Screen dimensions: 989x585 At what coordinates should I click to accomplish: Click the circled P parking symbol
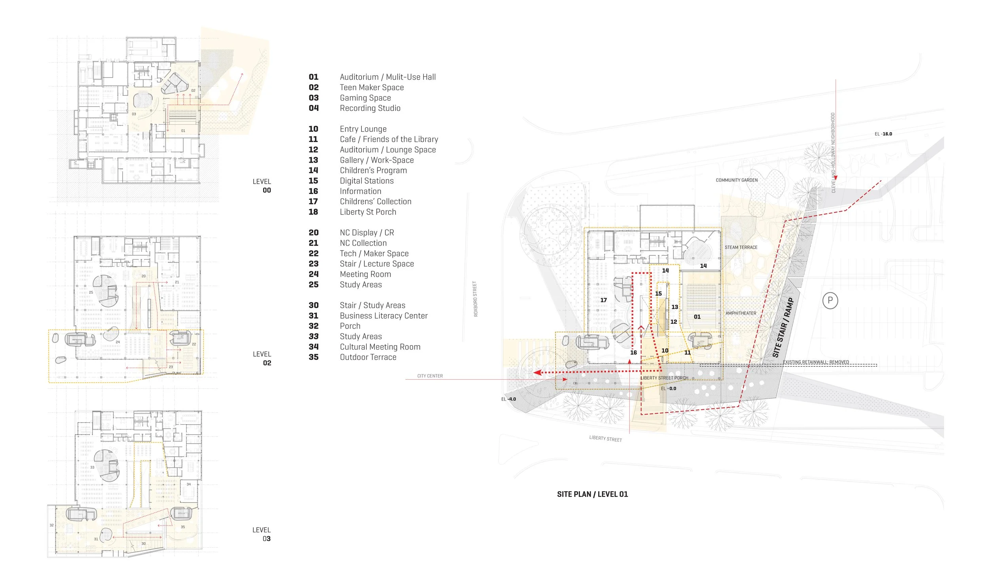[830, 300]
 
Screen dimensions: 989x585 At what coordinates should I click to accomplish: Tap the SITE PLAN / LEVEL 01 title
[592, 494]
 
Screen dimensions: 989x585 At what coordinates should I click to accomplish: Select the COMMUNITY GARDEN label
[737, 180]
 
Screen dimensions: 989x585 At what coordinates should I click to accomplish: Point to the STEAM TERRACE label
[741, 247]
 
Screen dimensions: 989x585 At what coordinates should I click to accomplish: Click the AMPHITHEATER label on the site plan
[741, 313]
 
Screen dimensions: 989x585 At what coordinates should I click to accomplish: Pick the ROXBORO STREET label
[476, 299]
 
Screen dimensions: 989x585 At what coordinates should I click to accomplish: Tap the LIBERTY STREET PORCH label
[664, 378]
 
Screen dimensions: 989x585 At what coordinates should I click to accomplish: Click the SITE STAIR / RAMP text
[783, 328]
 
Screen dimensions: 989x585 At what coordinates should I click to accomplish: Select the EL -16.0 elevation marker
[883, 134]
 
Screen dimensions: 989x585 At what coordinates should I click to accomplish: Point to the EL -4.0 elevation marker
[508, 399]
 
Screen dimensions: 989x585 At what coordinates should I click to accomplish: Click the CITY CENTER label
[430, 376]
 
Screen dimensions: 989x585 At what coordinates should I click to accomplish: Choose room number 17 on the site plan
[603, 300]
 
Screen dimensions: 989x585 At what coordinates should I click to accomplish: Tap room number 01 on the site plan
[697, 317]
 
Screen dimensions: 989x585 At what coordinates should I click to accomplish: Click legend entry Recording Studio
[370, 108]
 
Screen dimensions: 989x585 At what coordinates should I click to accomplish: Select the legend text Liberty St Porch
[368, 212]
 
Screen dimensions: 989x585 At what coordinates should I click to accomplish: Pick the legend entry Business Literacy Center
[384, 316]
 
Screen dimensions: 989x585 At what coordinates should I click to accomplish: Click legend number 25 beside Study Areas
[313, 285]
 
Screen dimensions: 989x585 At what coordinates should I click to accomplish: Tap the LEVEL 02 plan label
[262, 359]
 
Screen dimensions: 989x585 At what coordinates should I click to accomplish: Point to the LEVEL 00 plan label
[262, 186]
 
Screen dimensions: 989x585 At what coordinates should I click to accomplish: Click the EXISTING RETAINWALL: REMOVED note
[816, 362]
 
